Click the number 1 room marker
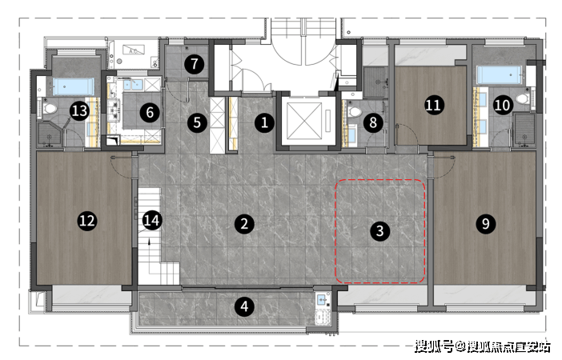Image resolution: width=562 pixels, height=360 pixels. point(264,123)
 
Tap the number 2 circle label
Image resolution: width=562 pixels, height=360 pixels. point(244,224)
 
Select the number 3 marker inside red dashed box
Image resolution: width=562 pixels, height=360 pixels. point(380,230)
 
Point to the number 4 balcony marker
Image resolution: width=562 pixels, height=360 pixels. point(244,306)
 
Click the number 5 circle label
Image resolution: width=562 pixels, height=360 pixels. point(197,122)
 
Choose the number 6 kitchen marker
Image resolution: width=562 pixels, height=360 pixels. point(150,113)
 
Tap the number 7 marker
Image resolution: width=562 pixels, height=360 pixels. point(195,64)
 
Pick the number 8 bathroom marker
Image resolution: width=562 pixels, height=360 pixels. point(373,122)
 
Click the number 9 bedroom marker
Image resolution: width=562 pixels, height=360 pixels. point(486,223)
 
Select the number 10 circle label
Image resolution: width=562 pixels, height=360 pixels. point(502,105)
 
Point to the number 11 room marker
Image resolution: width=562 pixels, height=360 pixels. point(434,105)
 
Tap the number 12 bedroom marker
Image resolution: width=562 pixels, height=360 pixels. point(87,220)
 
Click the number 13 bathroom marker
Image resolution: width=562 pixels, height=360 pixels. point(79,110)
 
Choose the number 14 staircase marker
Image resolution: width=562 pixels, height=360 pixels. point(151,220)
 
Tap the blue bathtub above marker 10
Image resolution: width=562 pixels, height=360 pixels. point(499,75)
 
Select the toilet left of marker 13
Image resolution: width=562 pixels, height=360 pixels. point(50,108)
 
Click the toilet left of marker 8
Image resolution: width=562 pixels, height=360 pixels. point(355,111)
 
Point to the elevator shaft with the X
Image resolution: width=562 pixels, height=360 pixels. point(304,121)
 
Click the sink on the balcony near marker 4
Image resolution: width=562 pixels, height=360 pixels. point(322,299)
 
